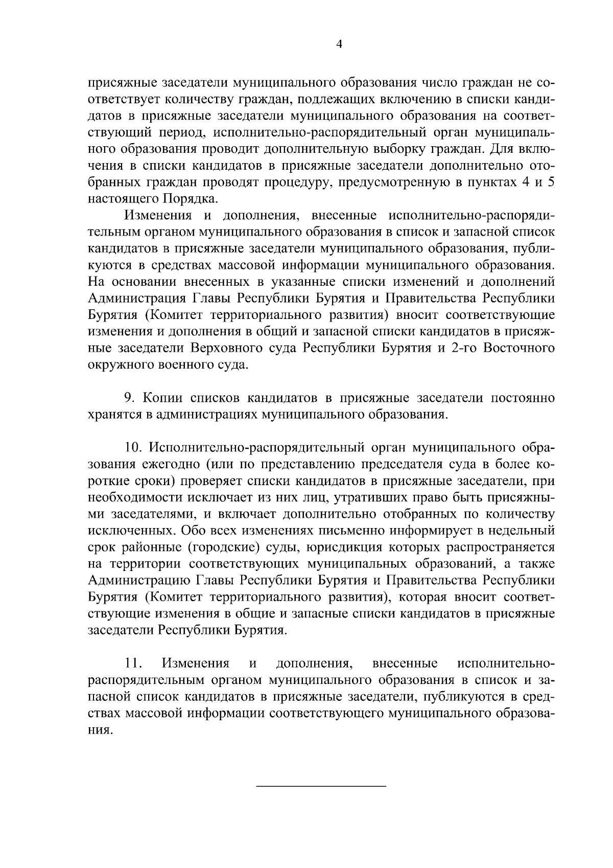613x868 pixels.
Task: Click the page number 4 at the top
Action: point(339,44)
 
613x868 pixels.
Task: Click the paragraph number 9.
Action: point(129,397)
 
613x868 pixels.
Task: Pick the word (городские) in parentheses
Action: point(225,547)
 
